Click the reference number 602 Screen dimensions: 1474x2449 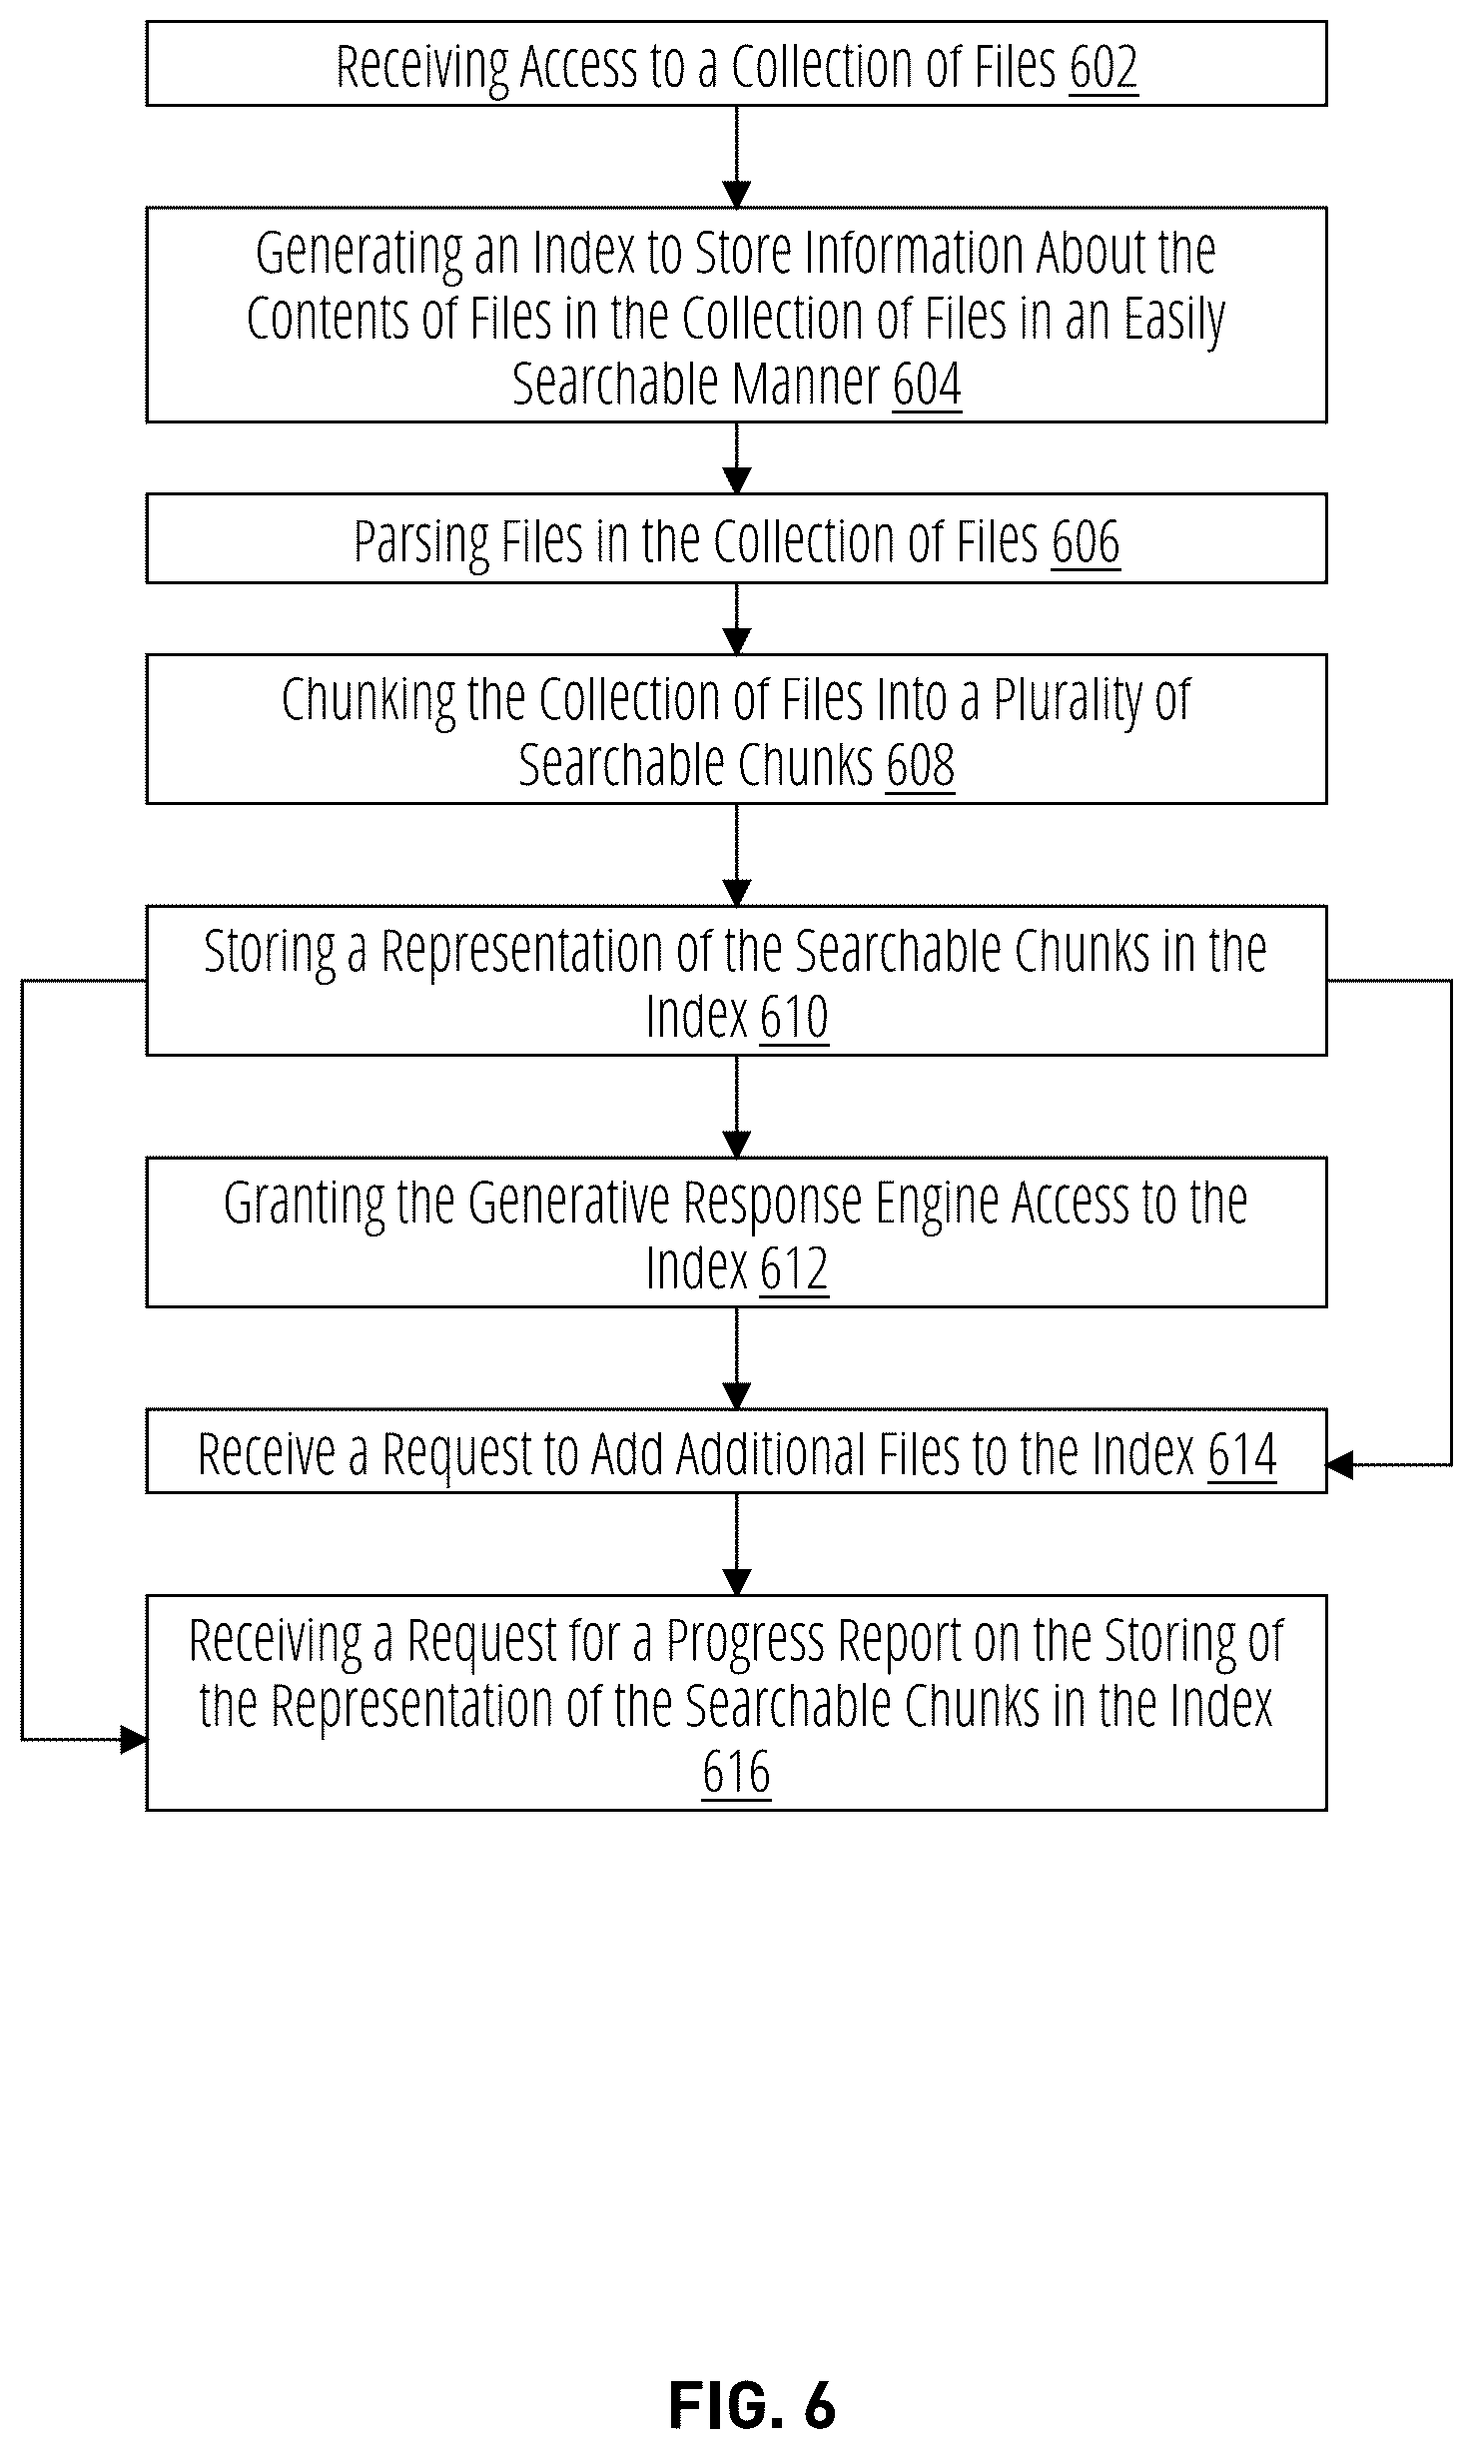coord(1103,68)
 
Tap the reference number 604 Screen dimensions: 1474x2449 coord(927,385)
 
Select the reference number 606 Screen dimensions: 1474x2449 coord(1086,543)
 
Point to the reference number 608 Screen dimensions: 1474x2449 coord(920,766)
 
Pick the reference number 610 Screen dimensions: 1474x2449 coord(794,1018)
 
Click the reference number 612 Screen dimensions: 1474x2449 coord(794,1269)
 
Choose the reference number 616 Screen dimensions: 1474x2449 coord(736,1773)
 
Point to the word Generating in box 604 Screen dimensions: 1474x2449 coord(359,255)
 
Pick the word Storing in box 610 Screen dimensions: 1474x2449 coord(270,952)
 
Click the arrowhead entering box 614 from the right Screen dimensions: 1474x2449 coord(1339,1465)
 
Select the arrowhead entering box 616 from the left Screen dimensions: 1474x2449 coord(134,1740)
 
